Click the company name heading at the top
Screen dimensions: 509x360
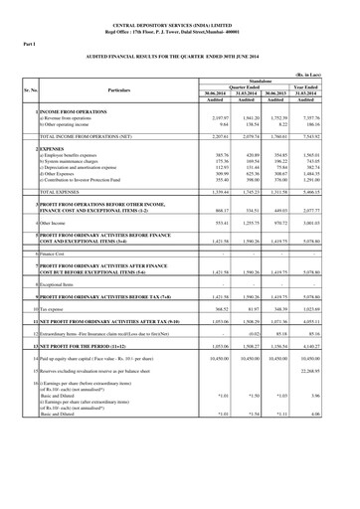pos(179,16)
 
